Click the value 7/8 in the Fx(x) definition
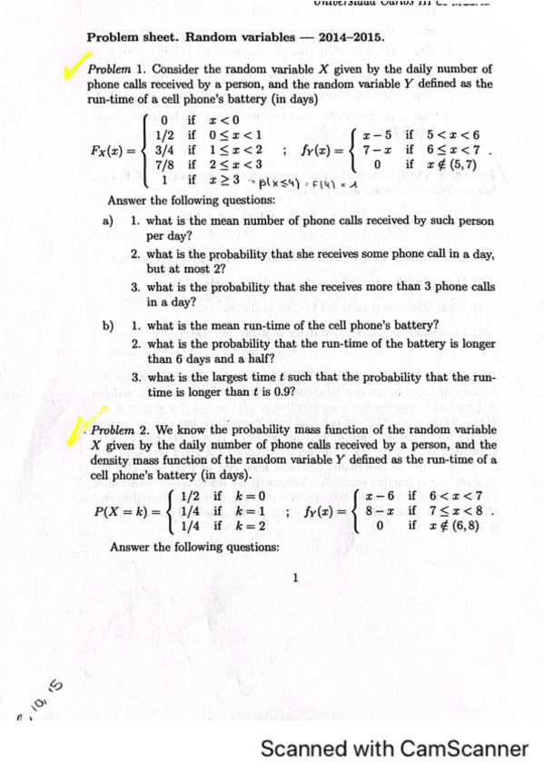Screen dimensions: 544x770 coord(165,165)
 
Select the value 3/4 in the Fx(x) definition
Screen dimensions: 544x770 coord(165,150)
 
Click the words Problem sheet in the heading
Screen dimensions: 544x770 coord(133,38)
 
